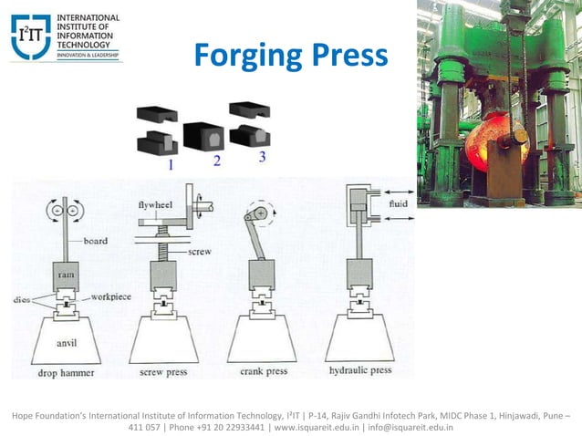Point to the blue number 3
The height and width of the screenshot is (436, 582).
click(x=262, y=157)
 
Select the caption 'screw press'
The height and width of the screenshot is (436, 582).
click(x=164, y=371)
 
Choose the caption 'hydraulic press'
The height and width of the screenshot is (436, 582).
click(x=361, y=371)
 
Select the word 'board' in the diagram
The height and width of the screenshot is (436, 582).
click(x=94, y=242)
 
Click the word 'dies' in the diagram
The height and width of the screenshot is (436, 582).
click(x=22, y=298)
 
